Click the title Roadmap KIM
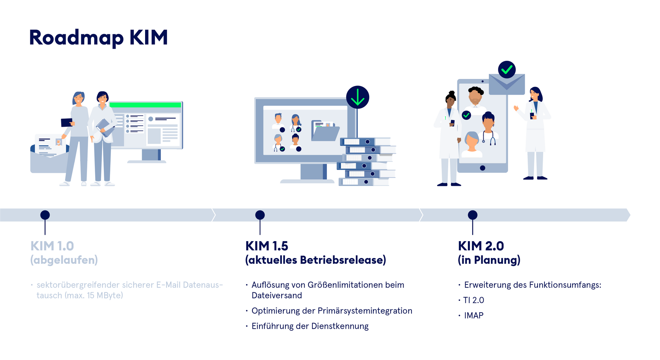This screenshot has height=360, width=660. [x=98, y=38]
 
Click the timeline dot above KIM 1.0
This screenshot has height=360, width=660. [x=45, y=215]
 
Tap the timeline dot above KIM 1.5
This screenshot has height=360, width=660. [x=260, y=215]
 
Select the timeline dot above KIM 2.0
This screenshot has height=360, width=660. [x=473, y=215]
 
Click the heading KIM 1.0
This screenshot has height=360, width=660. [x=52, y=246]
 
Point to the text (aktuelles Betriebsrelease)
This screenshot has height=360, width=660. [x=316, y=260]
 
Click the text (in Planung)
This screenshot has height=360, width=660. [x=489, y=260]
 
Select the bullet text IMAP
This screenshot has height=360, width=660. [x=474, y=315]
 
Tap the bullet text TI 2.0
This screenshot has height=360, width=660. [x=473, y=300]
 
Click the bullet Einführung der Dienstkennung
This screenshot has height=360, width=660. [x=310, y=326]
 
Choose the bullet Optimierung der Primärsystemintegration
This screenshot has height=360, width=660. [x=332, y=311]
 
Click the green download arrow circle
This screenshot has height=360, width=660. [x=357, y=97]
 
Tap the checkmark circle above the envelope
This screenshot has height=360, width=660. [x=507, y=70]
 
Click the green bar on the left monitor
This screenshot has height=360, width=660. [x=145, y=105]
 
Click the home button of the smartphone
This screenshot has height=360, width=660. [x=483, y=168]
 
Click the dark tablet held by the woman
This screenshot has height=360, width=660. [x=67, y=122]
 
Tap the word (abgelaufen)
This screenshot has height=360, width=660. [x=64, y=260]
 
